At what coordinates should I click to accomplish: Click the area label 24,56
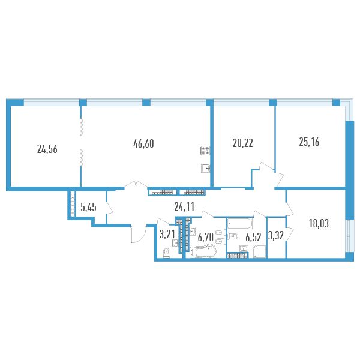click(47, 149)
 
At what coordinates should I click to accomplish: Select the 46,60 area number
click(143, 143)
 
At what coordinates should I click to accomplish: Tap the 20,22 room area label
click(242, 143)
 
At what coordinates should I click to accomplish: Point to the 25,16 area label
click(309, 142)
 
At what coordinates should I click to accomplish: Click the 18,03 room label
click(319, 223)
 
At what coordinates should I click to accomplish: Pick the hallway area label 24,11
click(184, 207)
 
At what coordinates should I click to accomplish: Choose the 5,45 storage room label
click(88, 208)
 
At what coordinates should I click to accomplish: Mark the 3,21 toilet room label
click(167, 235)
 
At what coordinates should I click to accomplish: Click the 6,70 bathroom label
click(206, 237)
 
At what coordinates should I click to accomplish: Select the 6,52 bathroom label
click(253, 237)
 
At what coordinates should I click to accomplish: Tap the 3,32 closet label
click(276, 236)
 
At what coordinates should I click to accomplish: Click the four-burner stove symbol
click(205, 151)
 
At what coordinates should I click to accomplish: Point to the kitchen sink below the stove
click(206, 168)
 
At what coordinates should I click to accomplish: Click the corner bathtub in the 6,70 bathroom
click(203, 251)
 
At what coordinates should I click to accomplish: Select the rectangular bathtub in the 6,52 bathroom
click(240, 224)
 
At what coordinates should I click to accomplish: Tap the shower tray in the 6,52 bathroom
click(259, 251)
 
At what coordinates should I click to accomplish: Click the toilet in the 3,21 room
click(166, 254)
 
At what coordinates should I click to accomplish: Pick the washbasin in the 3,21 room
click(175, 243)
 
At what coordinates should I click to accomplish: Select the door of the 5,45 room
click(109, 208)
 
